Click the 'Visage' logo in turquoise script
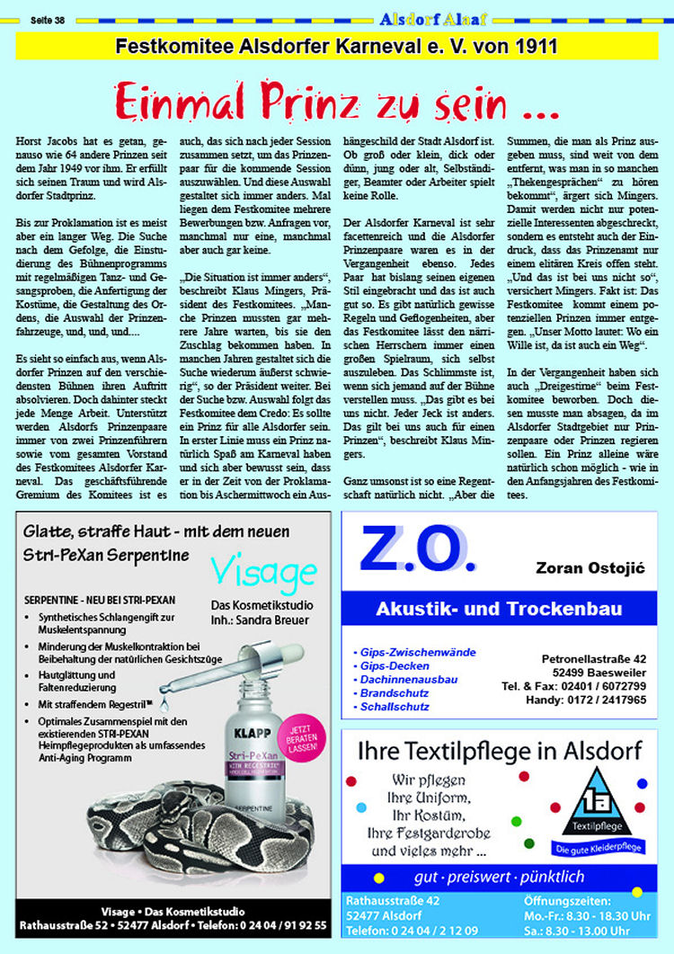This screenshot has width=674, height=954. click(263, 571)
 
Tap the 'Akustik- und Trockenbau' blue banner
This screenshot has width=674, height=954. click(500, 609)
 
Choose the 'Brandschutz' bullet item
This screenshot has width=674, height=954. click(397, 693)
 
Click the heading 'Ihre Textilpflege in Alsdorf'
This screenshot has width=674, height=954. click(499, 749)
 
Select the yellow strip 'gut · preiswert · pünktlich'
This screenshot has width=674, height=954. click(499, 876)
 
